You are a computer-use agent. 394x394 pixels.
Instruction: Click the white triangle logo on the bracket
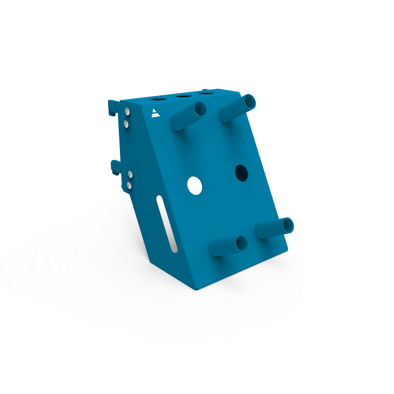point(155,113)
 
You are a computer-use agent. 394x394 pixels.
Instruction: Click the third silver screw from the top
point(130,174)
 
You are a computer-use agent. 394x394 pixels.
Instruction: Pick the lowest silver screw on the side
point(129,185)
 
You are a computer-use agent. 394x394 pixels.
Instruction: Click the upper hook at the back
point(112,108)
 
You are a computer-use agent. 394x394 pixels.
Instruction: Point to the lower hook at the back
point(115,167)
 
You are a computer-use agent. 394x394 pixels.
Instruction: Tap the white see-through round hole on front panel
point(195,186)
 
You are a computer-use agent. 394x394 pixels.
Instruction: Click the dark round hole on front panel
point(241,173)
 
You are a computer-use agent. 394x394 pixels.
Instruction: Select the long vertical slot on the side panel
point(167,224)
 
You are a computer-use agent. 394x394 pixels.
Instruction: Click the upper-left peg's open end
point(200,109)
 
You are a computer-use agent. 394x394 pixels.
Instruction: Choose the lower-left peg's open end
point(242,243)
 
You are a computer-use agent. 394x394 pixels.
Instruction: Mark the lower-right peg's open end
point(288,225)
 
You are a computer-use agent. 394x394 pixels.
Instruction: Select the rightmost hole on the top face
point(206,93)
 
